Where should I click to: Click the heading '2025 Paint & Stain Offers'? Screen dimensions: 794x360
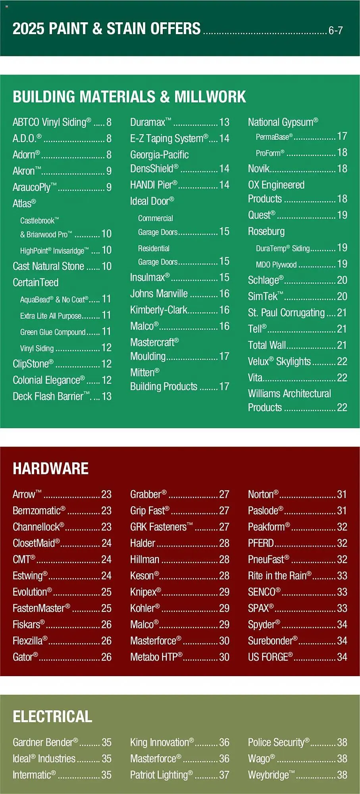[x=106, y=29]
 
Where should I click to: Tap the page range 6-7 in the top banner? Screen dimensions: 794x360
[x=335, y=31]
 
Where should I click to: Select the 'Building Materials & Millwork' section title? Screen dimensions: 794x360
[x=129, y=97]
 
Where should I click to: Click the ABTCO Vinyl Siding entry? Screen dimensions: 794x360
[x=52, y=122]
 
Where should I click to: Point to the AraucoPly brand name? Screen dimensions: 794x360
[x=35, y=187]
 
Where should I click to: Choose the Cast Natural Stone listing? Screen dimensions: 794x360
[x=48, y=266]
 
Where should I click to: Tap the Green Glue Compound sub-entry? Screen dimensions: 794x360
[x=53, y=332]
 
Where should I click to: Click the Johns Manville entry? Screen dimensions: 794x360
[x=159, y=294]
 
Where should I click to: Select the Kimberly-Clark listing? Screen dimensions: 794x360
[x=159, y=310]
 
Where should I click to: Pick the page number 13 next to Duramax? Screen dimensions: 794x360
[x=224, y=122]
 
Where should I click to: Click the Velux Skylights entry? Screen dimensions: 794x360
[x=279, y=361]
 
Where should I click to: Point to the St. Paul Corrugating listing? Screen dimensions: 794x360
[x=286, y=313]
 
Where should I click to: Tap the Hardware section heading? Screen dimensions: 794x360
[x=50, y=468]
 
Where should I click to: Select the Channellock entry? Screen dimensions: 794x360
[x=38, y=527]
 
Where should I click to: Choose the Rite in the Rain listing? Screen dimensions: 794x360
[x=279, y=576]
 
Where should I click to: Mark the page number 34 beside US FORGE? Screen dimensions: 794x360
[x=342, y=657]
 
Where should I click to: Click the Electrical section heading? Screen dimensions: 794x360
[x=52, y=717]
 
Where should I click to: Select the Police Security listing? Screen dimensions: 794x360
[x=278, y=742]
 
